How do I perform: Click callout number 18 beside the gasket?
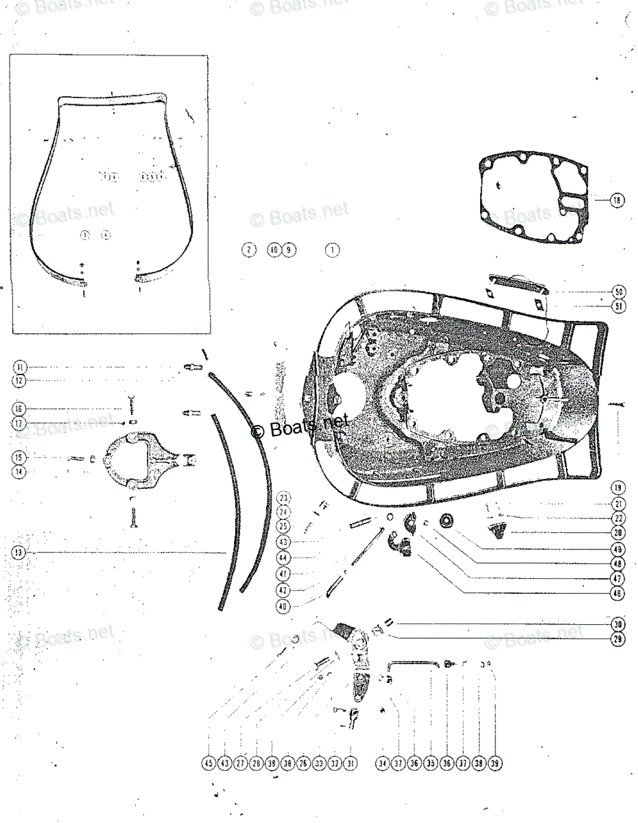pos(617,200)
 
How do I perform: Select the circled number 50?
pos(619,291)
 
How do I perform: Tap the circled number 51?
pos(619,307)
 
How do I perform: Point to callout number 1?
pos(332,250)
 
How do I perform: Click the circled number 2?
pos(248,250)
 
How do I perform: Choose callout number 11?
pos(19,367)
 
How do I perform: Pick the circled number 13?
pos(19,552)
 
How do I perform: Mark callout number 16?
pos(19,409)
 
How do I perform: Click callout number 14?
pos(19,472)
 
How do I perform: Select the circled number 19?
pos(619,488)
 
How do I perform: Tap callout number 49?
pos(619,549)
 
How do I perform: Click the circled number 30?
pos(619,624)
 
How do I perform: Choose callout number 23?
pos(284,498)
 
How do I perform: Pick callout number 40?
pos(284,606)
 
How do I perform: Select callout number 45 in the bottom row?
pos(209,763)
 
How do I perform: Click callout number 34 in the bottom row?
pos(382,763)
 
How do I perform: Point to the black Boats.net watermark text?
pos(298,428)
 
